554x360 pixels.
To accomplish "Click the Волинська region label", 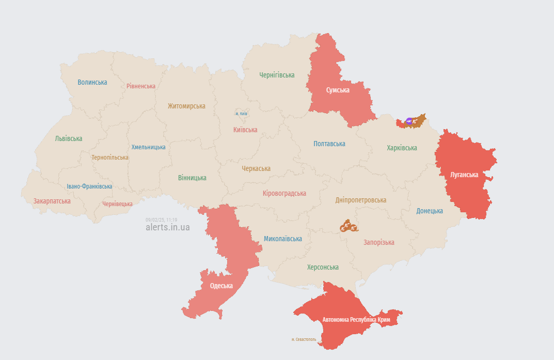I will coord(92,82).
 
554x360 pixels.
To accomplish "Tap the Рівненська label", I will coord(141,86).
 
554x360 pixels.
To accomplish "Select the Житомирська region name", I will coord(186,106).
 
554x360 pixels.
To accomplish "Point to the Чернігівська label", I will coord(277,75).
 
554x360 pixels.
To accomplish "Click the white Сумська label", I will coord(338,90).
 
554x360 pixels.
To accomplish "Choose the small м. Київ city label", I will coord(241,114).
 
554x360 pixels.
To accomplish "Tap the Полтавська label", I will coord(329,144).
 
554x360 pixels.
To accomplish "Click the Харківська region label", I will coord(402,148).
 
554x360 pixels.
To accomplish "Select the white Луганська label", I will coord(464,175).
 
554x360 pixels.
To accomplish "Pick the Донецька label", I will coord(430,211).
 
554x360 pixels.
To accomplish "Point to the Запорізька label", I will coord(378,242).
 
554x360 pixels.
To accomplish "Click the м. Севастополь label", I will coord(304,339).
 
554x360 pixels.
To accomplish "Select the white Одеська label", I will coord(221,286).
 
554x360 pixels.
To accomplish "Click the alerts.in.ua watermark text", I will coord(167,227).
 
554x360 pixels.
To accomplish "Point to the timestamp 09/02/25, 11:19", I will coord(161,220).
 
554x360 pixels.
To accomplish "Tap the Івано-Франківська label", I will coord(89,186).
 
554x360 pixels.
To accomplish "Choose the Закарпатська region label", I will coord(52,200).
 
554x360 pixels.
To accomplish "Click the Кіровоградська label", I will coord(284,193).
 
